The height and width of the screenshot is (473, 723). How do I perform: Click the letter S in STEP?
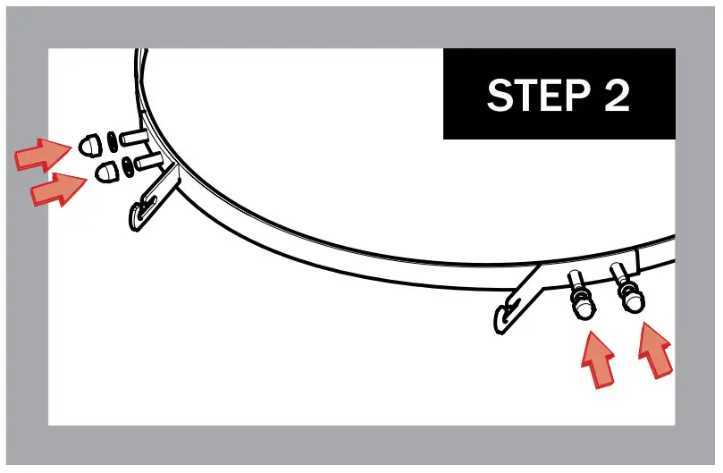pyautogui.click(x=499, y=96)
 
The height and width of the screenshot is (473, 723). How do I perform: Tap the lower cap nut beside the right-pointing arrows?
pyautogui.click(x=105, y=169)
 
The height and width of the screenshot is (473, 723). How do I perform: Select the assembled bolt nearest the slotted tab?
pyautogui.click(x=582, y=296)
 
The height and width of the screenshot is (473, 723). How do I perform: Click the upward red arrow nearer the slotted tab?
pyautogui.click(x=597, y=357)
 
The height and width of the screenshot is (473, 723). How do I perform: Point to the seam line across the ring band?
pyautogui.click(x=638, y=259)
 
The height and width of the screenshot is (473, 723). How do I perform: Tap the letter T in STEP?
pyautogui.click(x=522, y=96)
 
